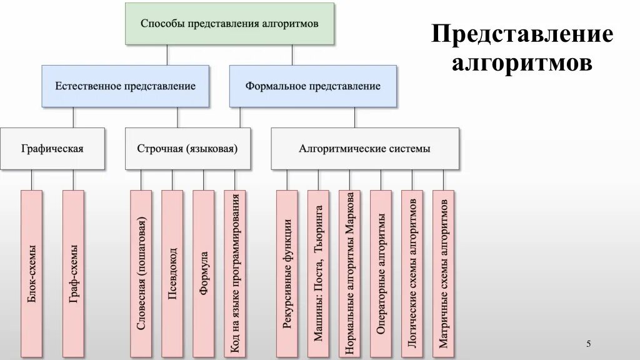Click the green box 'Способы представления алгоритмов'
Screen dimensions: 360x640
click(229, 24)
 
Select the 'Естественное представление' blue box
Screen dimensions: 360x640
click(125, 86)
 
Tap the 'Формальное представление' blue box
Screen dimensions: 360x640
click(312, 86)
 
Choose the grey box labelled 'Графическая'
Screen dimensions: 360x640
click(52, 149)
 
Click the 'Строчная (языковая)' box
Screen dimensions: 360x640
click(187, 149)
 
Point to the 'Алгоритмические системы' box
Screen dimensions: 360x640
click(364, 149)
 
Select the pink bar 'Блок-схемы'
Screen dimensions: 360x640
click(32, 274)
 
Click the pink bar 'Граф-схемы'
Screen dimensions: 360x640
click(73, 274)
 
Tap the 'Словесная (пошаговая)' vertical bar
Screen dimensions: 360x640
click(141, 274)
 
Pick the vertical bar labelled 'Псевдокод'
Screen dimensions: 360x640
click(172, 274)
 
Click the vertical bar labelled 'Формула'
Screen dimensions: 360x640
click(204, 274)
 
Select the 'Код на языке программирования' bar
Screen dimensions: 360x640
click(235, 274)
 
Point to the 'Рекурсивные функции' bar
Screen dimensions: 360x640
click(287, 274)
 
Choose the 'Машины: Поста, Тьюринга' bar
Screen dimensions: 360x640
click(319, 274)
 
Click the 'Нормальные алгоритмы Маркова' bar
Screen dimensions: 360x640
click(350, 274)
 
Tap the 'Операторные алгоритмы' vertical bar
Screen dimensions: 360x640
click(381, 274)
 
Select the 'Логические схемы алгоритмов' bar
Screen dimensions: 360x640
click(412, 274)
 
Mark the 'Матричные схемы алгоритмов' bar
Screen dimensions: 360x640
click(443, 274)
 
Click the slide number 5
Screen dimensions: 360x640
click(588, 344)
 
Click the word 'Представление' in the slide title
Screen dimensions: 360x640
click(522, 35)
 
